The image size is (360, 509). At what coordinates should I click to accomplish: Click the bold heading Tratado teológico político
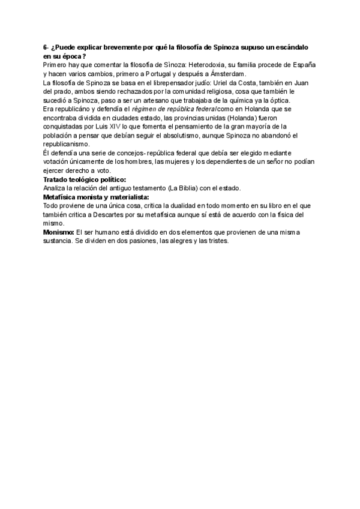[85, 179]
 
